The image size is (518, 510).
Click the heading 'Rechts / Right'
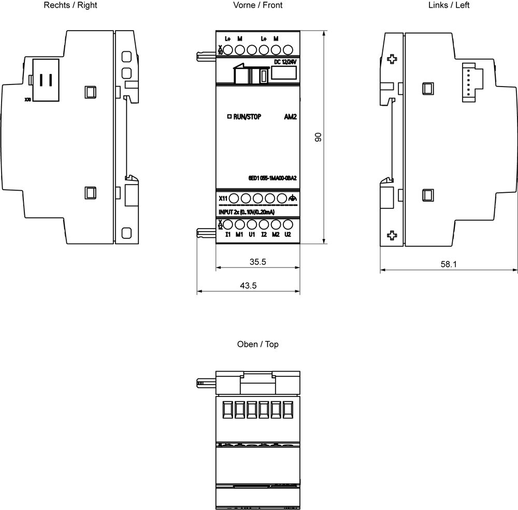pos(70,5)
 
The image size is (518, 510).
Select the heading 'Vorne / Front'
pos(257,5)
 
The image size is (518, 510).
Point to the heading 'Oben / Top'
pos(257,344)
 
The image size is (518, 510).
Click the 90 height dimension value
pos(319,137)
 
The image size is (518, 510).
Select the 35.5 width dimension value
pos(257,262)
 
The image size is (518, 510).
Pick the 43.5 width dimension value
pos(248,286)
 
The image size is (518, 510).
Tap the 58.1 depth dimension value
pos(449,264)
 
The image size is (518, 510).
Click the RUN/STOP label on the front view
pos(247,117)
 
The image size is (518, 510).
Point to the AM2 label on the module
pos(290,117)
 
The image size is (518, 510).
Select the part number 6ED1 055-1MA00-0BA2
pos(272,178)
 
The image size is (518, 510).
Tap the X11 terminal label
pos(222,198)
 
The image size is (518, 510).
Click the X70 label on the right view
pos(27,98)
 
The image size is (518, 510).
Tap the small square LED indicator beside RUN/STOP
pos(229,117)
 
